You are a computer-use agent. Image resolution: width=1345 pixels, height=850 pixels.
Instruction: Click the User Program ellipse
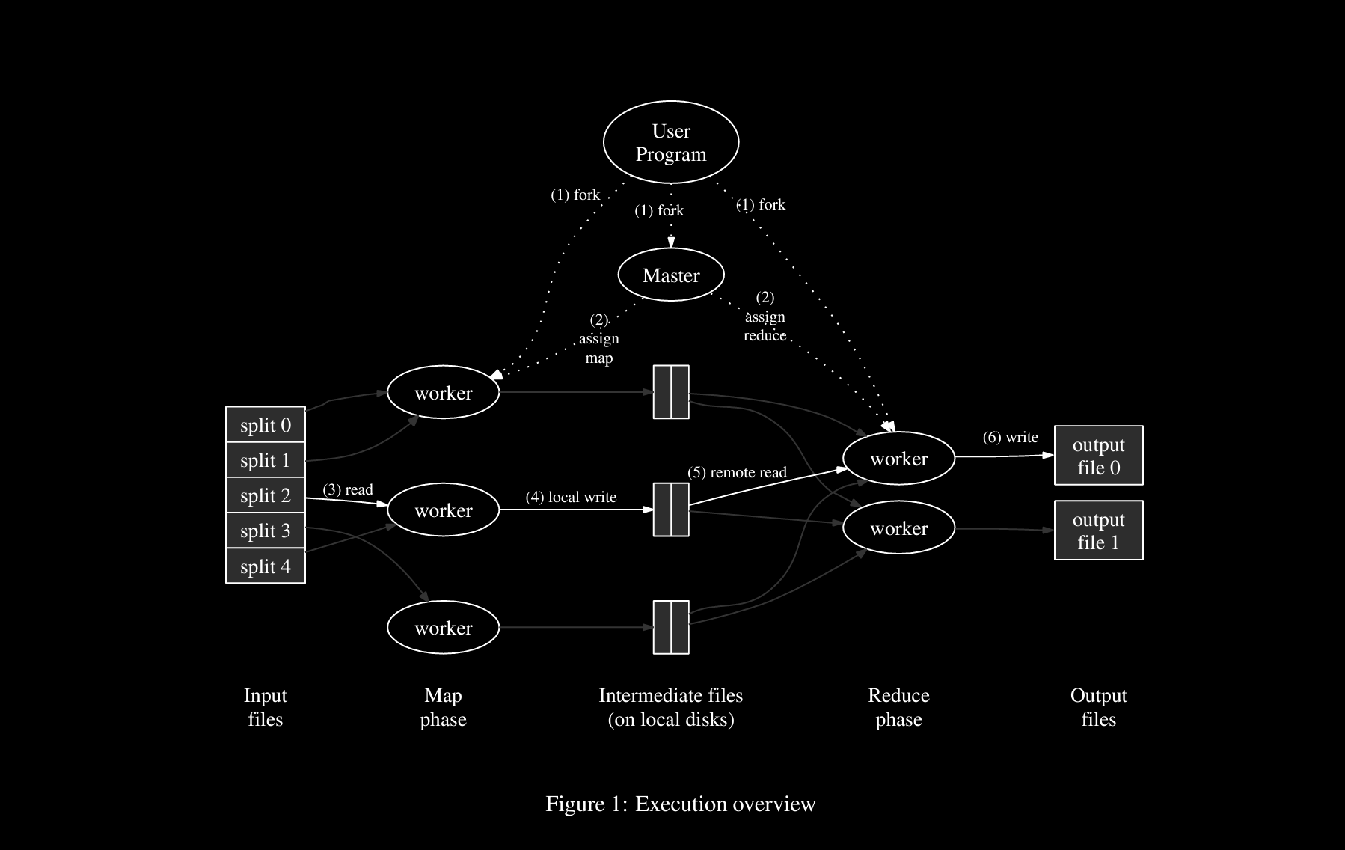[x=671, y=142]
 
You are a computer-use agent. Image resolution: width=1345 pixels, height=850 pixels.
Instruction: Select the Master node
[x=671, y=275]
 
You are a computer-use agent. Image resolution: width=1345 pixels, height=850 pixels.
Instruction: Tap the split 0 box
[x=265, y=425]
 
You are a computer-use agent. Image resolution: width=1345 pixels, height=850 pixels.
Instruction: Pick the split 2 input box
[x=265, y=495]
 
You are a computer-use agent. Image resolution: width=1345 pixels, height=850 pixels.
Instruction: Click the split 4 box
[x=265, y=566]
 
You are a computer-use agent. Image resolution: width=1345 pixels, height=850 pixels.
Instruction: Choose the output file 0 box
[x=1098, y=456]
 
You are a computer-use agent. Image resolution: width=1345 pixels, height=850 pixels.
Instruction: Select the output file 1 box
[x=1098, y=530]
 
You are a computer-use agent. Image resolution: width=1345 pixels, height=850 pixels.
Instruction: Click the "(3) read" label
[x=348, y=489]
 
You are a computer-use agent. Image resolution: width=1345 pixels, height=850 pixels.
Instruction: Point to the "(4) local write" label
[x=571, y=497]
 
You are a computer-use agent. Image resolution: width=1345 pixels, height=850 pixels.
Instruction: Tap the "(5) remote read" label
[x=737, y=472]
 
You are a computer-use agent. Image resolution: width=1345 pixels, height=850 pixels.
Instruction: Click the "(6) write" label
[x=1010, y=437]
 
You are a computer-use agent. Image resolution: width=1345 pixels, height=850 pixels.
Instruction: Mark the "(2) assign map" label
[x=599, y=339]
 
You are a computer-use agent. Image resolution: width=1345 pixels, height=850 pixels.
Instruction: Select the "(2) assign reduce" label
[x=765, y=317]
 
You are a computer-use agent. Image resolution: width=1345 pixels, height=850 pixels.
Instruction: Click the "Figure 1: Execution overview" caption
[x=680, y=804]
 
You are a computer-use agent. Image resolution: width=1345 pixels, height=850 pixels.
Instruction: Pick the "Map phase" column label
[x=443, y=707]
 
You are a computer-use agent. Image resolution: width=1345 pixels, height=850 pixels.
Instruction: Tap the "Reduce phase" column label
[x=898, y=707]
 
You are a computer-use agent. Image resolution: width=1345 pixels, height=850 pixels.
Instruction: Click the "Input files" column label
[x=265, y=707]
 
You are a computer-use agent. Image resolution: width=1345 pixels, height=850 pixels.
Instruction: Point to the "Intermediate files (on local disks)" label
[x=671, y=707]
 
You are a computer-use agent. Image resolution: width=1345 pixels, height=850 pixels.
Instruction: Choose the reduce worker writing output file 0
[x=898, y=459]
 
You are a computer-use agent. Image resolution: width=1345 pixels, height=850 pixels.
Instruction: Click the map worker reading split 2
[x=443, y=510]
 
